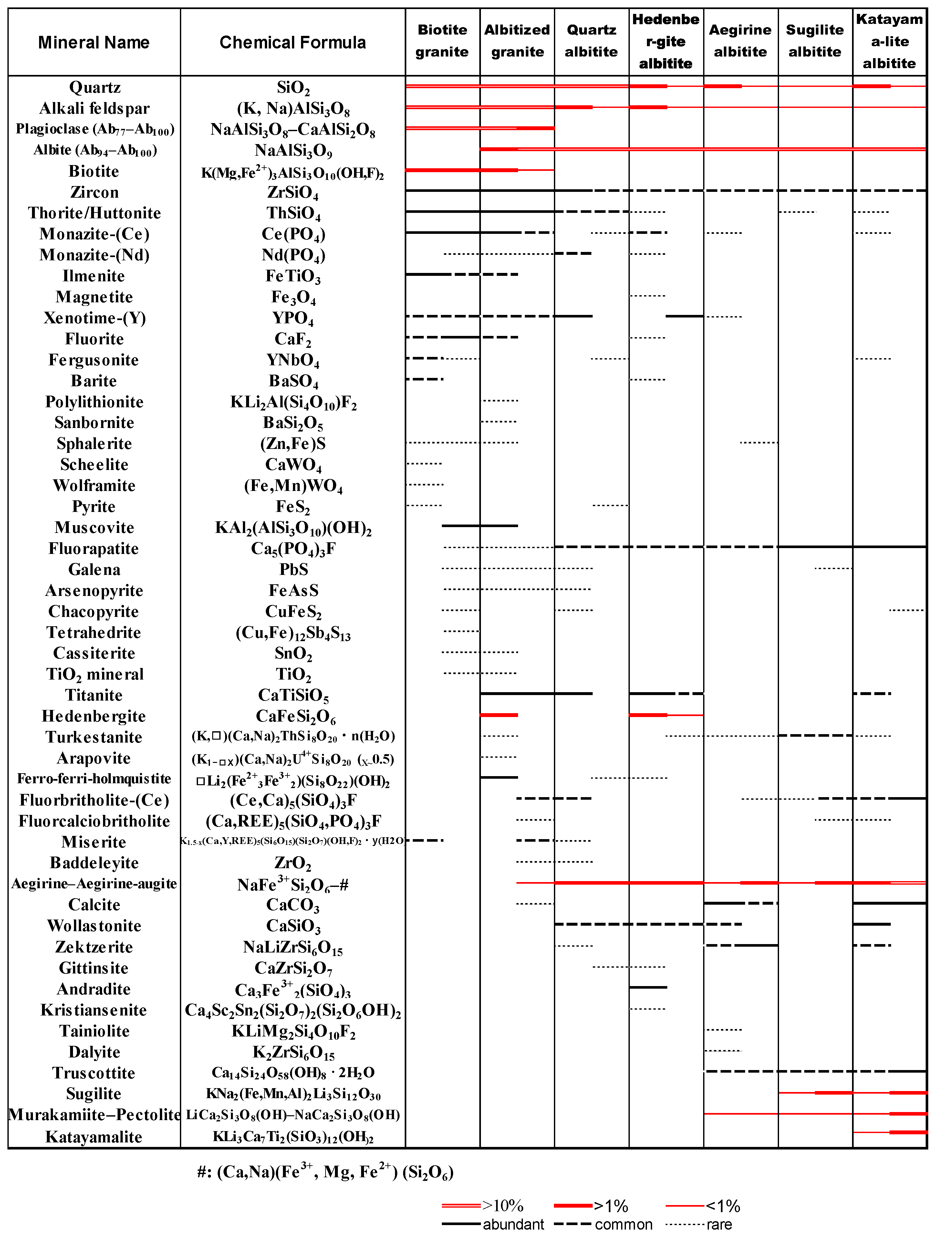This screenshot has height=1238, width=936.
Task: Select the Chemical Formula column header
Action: coord(292,43)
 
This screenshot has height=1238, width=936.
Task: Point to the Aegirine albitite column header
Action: coord(740,41)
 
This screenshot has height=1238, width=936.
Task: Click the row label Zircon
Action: coord(94,192)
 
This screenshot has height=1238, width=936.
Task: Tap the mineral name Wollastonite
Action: coord(94,926)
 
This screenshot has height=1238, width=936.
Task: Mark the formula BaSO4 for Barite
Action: coord(293,381)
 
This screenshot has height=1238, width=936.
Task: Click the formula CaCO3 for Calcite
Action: coord(292,905)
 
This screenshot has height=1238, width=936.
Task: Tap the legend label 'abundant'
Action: coord(513,1224)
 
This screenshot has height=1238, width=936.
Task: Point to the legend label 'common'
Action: coord(623,1224)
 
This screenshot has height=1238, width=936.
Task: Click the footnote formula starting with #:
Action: coord(325,1171)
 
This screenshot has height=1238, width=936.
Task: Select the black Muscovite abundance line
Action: coord(479,525)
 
